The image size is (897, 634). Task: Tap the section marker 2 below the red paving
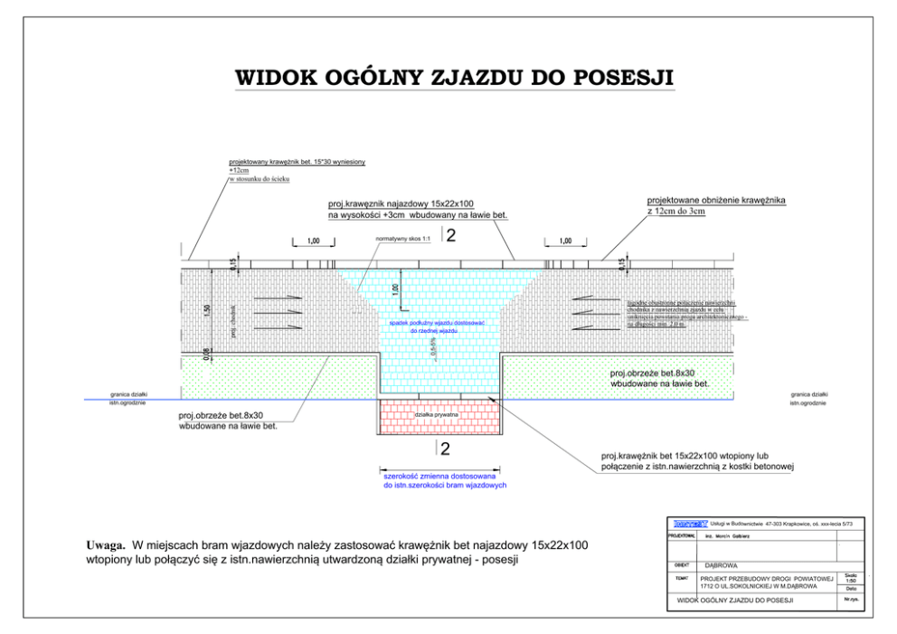click(444, 449)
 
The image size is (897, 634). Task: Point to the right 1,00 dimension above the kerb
click(565, 241)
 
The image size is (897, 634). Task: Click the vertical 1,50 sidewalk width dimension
click(207, 309)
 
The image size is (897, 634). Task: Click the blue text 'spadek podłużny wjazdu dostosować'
click(438, 323)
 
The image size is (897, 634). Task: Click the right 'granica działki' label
click(807, 394)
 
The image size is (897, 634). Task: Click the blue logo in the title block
click(690, 523)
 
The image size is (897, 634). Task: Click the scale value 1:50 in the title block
click(851, 580)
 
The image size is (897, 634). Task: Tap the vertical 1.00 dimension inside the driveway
click(395, 289)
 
